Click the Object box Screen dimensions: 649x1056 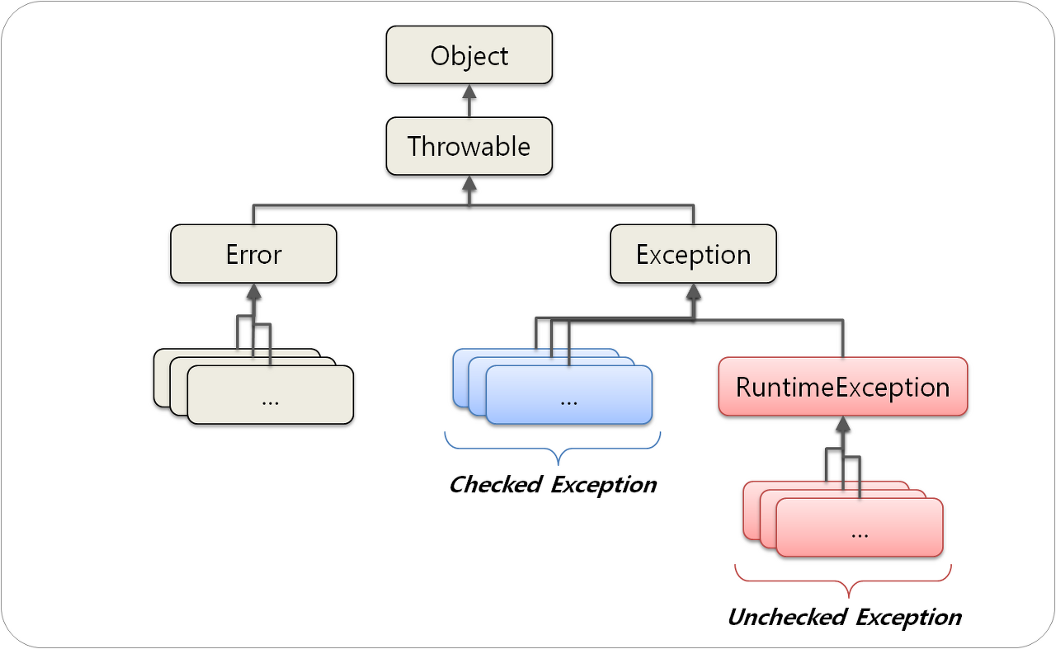point(469,55)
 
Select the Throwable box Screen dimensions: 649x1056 point(469,147)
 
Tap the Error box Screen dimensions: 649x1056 point(253,254)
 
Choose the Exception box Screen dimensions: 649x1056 point(693,254)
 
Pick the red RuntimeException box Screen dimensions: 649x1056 point(842,386)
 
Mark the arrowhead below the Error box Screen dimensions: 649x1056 point(253,291)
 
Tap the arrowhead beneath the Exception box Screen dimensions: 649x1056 point(693,291)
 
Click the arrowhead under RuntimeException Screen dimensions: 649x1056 point(842,424)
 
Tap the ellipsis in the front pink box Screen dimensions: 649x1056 point(859,532)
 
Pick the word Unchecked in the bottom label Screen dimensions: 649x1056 point(787,617)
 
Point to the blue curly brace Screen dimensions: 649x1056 point(552,449)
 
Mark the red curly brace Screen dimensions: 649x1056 point(842,581)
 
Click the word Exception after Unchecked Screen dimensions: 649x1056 point(908,617)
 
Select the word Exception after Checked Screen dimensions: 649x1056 point(603,484)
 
